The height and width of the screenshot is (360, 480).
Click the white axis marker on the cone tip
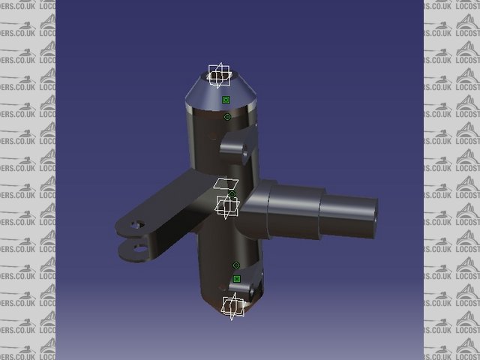pyautogui.click(x=219, y=75)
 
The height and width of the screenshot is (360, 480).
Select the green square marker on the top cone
pyautogui.click(x=226, y=100)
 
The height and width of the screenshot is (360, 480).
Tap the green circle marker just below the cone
pyautogui.click(x=226, y=117)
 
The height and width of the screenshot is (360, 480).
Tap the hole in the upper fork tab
pyautogui.click(x=136, y=224)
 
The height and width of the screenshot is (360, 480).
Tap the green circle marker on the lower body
pyautogui.click(x=235, y=265)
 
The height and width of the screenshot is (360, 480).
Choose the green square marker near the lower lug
pyautogui.click(x=236, y=279)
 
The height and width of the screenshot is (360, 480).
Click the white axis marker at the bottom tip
pyautogui.click(x=232, y=305)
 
